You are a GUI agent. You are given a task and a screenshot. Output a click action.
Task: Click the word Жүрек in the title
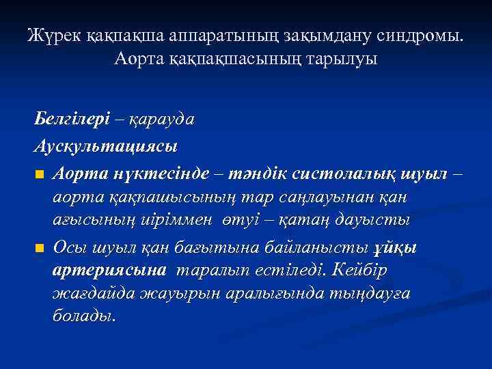click(53, 36)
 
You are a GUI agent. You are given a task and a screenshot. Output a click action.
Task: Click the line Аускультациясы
click(105, 145)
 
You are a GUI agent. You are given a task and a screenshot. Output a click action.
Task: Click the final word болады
click(84, 318)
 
